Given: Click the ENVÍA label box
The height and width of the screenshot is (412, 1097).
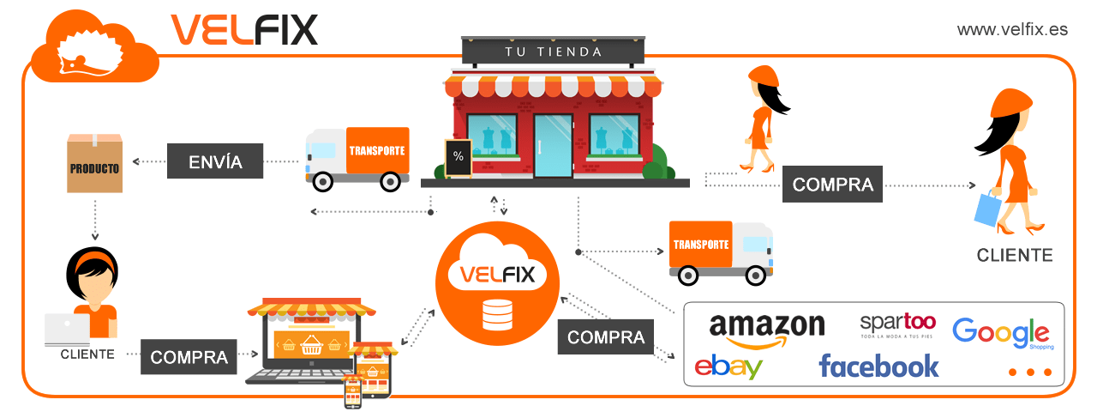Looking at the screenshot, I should click(214, 161).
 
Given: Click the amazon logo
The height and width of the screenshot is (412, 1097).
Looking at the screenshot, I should click(767, 329).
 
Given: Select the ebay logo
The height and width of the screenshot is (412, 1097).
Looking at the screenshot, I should click(728, 367).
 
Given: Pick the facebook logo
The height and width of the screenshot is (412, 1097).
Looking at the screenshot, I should click(878, 367).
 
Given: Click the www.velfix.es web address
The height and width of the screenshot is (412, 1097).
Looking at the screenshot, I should click(1012, 29).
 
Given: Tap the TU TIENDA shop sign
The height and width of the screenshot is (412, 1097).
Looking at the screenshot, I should click(553, 51).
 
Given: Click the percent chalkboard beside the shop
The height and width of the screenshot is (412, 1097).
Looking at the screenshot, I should click(458, 157).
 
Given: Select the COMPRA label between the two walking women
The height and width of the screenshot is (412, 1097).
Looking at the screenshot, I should click(832, 185).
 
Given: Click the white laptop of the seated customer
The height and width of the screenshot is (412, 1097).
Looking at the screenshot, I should click(67, 328).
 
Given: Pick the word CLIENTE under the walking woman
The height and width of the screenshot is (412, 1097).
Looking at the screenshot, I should click(1015, 255).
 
